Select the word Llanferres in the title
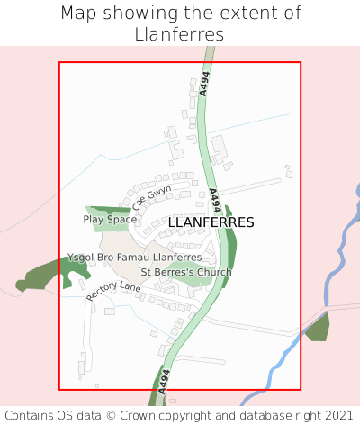(180, 34)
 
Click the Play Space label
(110, 219)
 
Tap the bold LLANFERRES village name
(211, 222)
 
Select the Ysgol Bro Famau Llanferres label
(134, 258)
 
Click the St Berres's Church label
(186, 272)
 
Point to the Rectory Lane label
(114, 291)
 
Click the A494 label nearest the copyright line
(164, 382)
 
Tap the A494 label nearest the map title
(205, 86)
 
